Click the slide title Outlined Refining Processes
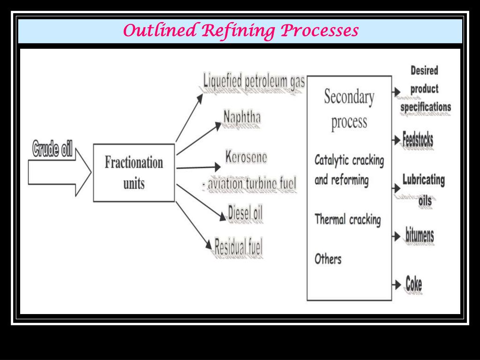(x=240, y=31)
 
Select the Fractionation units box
(x=134, y=172)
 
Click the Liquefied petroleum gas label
(x=254, y=82)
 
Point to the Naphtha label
(x=242, y=117)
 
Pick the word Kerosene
(x=246, y=157)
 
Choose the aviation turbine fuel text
(x=250, y=184)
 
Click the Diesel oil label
(x=245, y=213)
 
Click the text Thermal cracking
(x=347, y=219)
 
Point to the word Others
(x=328, y=259)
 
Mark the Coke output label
(x=413, y=284)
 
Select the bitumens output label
(x=420, y=235)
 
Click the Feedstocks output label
(x=418, y=139)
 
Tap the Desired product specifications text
(x=425, y=89)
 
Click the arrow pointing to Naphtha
(x=198, y=139)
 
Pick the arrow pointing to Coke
(x=397, y=285)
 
